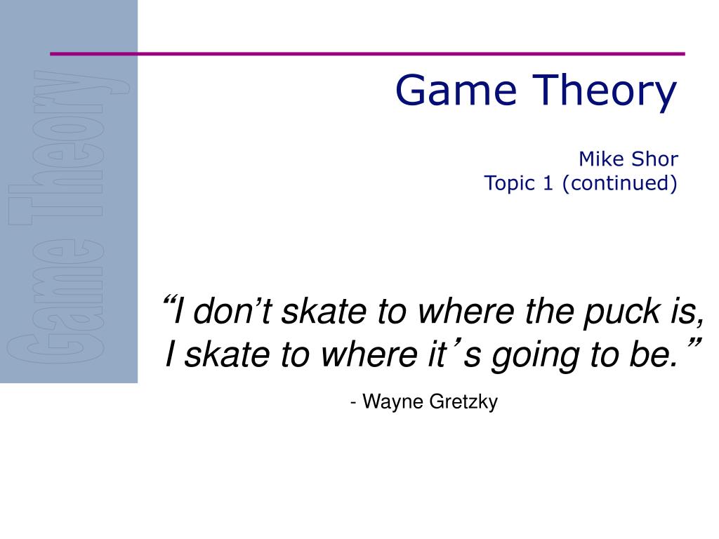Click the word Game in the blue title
(x=456, y=91)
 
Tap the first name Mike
(x=601, y=159)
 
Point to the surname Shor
(x=655, y=159)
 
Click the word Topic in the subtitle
(x=510, y=184)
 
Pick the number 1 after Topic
(x=548, y=183)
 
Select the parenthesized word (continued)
(x=619, y=183)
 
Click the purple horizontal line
(x=367, y=53)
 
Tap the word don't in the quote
(x=232, y=311)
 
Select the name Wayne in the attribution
(x=393, y=402)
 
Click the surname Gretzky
(x=463, y=402)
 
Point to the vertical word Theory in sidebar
(x=70, y=147)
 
